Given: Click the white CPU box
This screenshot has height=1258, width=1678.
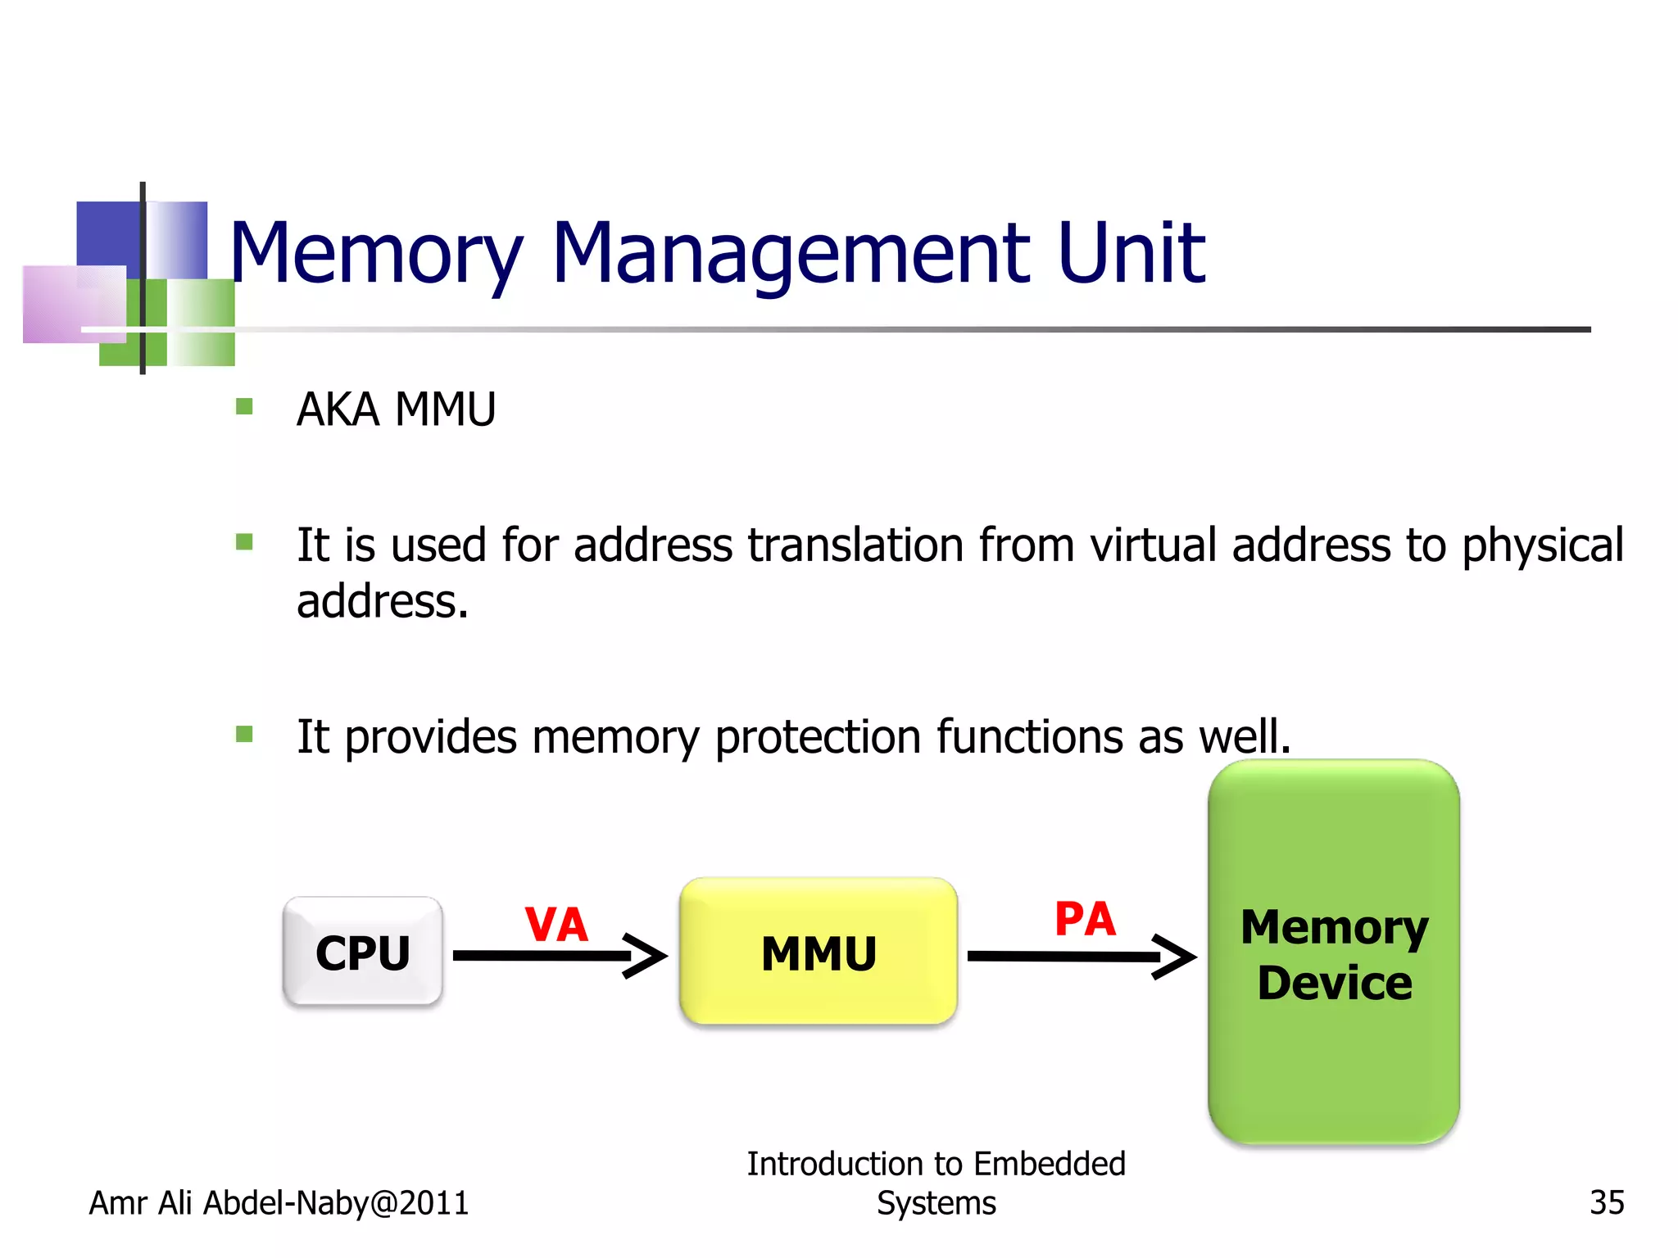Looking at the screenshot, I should [362, 952].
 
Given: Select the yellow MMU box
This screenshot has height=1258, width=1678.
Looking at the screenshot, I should [818, 952].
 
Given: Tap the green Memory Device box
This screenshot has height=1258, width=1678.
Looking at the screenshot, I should [1333, 953].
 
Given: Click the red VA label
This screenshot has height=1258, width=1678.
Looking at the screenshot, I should [556, 925].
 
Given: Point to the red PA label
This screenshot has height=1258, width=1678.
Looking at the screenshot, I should [1084, 919].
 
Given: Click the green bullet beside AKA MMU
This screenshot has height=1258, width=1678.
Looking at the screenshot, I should [244, 406].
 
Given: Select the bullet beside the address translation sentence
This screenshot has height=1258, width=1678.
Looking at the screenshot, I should [244, 541].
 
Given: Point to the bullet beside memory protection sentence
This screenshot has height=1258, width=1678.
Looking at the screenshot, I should [244, 733].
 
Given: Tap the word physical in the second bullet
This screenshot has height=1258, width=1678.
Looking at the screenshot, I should [1542, 546].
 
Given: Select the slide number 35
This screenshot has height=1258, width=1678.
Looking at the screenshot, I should [1606, 1202].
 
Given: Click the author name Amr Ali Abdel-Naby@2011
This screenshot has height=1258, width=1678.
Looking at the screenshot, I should [279, 1202].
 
